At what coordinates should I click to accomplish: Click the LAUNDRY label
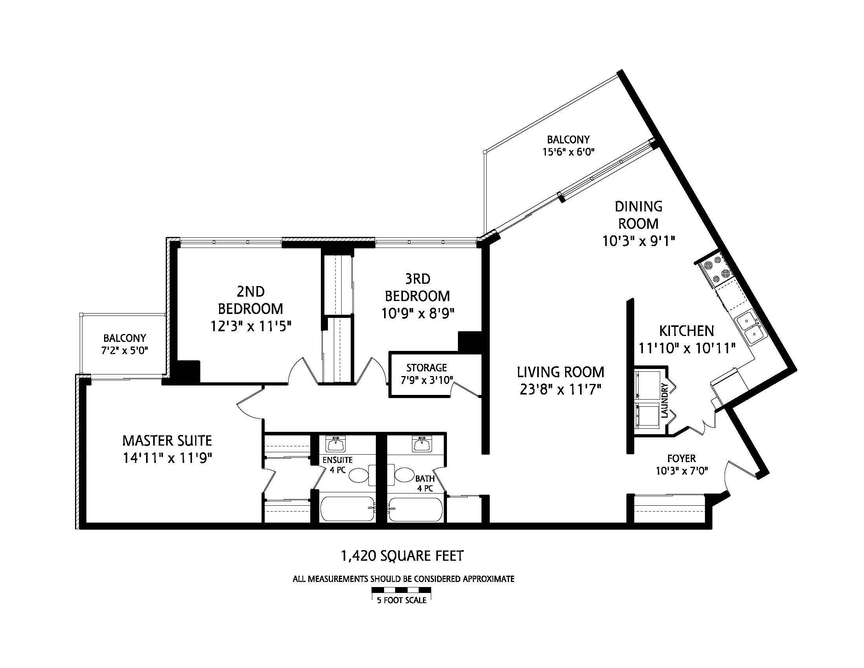664,400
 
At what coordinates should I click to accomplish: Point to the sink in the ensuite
335,444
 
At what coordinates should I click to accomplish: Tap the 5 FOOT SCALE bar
401,590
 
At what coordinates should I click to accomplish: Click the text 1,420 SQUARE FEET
402,556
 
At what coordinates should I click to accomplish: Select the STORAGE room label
427,368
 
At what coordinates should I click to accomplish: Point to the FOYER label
681,458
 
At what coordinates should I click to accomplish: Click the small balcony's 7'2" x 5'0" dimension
124,351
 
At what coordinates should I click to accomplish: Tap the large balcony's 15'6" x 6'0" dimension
569,152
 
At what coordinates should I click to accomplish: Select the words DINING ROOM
638,215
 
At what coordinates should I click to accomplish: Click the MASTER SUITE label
167,440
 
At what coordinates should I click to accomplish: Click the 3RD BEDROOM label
417,287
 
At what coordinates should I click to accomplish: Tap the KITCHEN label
686,331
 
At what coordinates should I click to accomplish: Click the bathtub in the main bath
416,509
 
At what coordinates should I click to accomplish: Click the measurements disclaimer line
403,579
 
